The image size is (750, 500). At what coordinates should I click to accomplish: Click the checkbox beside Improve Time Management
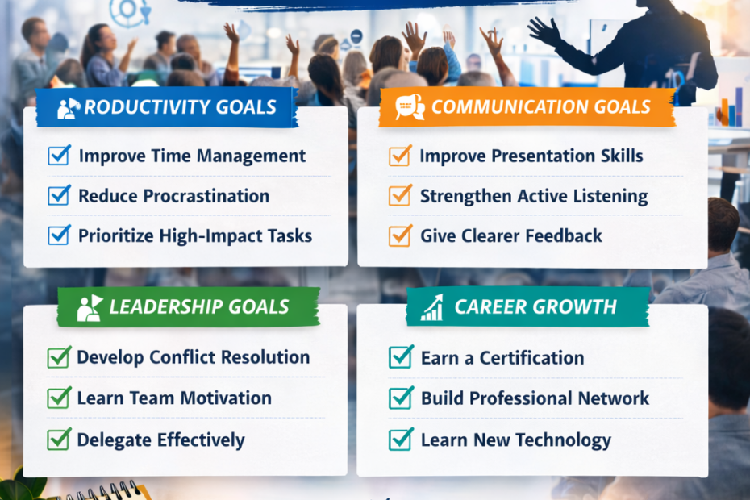(59, 156)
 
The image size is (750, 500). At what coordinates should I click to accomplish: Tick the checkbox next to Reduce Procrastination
(59, 195)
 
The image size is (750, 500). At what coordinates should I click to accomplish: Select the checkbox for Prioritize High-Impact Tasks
(59, 235)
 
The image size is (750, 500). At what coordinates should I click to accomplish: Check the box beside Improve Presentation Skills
(400, 156)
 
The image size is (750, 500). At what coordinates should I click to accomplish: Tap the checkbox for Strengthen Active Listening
(400, 195)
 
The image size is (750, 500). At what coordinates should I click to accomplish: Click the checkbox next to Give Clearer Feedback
(400, 235)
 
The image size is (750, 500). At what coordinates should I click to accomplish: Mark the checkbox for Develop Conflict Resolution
(59, 356)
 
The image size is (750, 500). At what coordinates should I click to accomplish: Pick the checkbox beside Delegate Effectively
(59, 440)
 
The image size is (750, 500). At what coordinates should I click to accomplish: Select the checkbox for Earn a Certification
(401, 356)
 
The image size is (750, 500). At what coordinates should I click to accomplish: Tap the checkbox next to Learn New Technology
(401, 440)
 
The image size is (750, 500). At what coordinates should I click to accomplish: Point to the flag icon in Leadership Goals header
(89, 306)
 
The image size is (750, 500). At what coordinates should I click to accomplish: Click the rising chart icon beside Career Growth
(432, 307)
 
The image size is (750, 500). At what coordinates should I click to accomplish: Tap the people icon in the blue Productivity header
(69, 108)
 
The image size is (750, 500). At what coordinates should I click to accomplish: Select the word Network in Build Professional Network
(613, 398)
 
